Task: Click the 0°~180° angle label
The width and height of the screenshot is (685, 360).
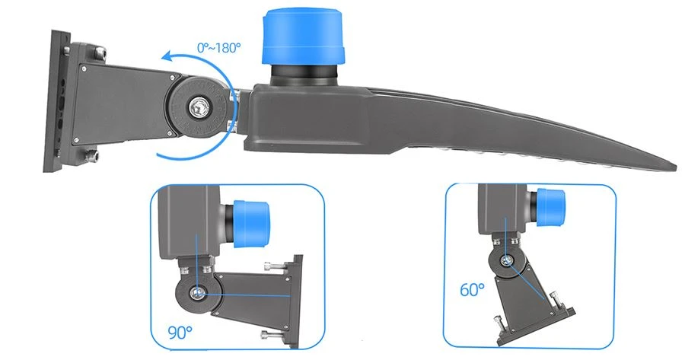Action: [218, 47]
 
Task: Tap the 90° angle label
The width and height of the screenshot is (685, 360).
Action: [180, 332]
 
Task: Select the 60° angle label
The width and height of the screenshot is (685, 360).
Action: [472, 289]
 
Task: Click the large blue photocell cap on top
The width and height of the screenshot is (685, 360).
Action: [302, 38]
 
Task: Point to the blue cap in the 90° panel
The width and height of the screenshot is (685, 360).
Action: [250, 224]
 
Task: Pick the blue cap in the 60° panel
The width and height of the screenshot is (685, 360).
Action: [551, 207]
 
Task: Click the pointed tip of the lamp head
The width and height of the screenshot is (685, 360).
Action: [675, 167]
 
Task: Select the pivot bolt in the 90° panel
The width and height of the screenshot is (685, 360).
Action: [197, 294]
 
